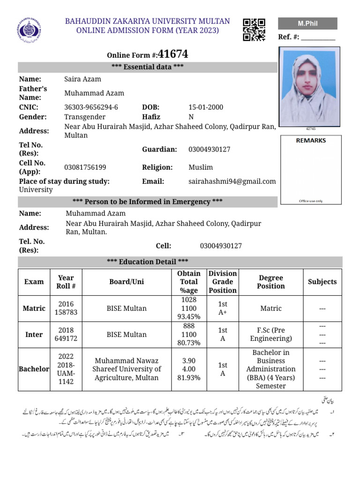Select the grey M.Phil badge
point(307,23)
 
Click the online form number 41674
point(173,54)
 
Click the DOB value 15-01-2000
point(206,107)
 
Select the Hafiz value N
point(191,117)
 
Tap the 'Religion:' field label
point(157,167)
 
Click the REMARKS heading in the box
point(311,140)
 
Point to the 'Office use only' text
point(311,201)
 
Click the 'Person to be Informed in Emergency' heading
point(147,202)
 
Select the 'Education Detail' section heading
point(147,262)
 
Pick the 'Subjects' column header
point(322,282)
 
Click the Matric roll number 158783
point(67,313)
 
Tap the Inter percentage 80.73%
point(189,343)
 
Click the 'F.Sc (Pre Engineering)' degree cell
point(271,334)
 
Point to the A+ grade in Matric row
point(223,313)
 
